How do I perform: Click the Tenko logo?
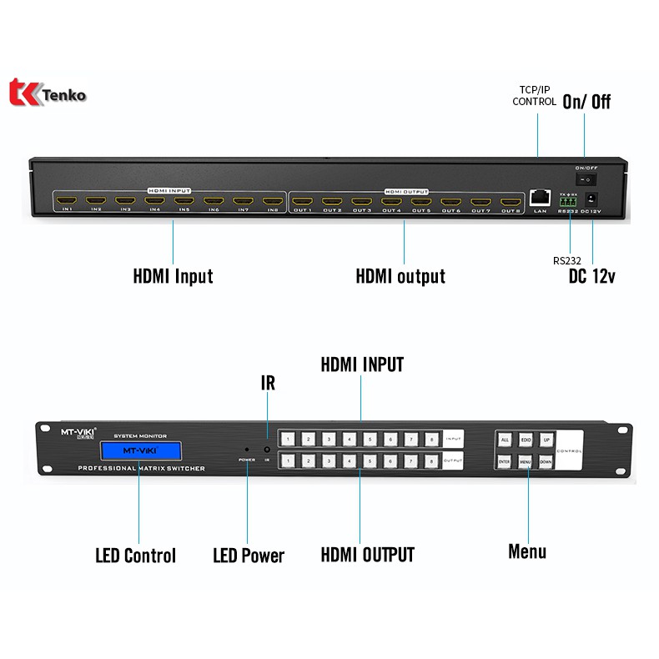[x=48, y=93]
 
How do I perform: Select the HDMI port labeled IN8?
[x=273, y=200]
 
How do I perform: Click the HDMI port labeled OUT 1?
[x=303, y=201]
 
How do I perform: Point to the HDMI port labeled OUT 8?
[x=510, y=201]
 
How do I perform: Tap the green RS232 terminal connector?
[x=569, y=199]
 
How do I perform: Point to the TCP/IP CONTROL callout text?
[x=535, y=95]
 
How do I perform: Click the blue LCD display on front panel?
[x=139, y=451]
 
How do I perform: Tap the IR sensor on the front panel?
[x=268, y=450]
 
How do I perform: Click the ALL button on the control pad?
[x=505, y=440]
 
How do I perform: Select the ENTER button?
[x=505, y=460]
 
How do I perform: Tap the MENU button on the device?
[x=526, y=460]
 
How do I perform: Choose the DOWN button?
[x=546, y=460]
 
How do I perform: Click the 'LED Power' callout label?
[x=249, y=556]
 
